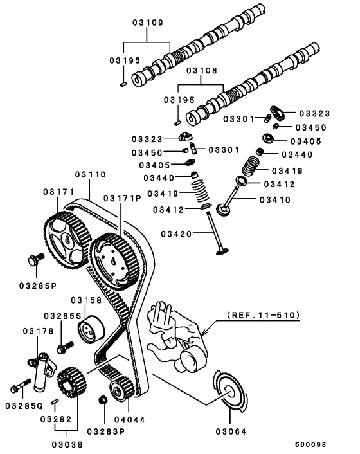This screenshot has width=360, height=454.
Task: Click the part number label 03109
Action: click(147, 22)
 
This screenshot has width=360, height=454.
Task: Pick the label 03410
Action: click(275, 200)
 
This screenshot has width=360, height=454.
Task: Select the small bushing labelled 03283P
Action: click(101, 402)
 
